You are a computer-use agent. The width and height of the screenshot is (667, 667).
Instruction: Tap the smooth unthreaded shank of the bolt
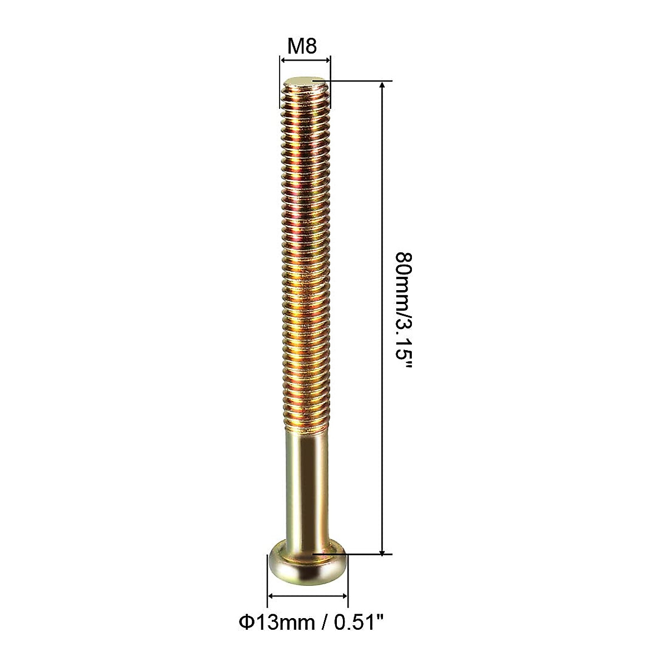tap(308, 489)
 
